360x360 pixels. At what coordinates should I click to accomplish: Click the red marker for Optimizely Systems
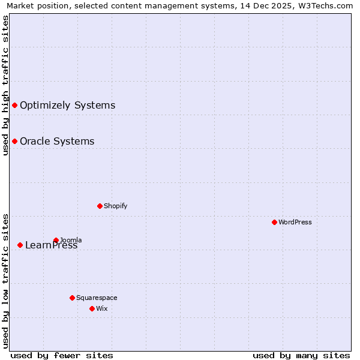click(14, 106)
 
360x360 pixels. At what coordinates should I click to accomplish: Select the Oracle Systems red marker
click(14, 142)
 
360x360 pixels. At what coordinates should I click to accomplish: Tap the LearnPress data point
click(20, 245)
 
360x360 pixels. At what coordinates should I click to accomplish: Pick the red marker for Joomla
click(56, 240)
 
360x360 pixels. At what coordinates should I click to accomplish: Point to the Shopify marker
click(100, 206)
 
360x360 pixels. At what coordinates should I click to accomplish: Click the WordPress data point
click(274, 222)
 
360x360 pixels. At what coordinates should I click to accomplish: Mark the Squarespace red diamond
click(72, 298)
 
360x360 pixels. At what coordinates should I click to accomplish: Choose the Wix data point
click(92, 308)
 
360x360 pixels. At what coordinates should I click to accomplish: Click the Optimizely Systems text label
click(67, 106)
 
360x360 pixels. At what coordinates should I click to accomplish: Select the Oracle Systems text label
click(57, 142)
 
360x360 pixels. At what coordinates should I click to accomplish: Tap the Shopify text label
click(115, 206)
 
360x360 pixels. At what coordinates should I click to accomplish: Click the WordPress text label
click(295, 222)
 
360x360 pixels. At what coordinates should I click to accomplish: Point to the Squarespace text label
click(97, 298)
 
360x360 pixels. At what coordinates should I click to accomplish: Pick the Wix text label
click(101, 308)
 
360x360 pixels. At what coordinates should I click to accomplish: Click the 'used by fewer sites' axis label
click(62, 355)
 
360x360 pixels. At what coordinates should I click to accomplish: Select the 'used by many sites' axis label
click(301, 355)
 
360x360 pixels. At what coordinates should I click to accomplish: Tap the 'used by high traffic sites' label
click(5, 85)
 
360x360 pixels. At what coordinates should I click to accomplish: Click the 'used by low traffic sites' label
click(5, 280)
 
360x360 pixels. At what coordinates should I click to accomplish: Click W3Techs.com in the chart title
click(329, 6)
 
